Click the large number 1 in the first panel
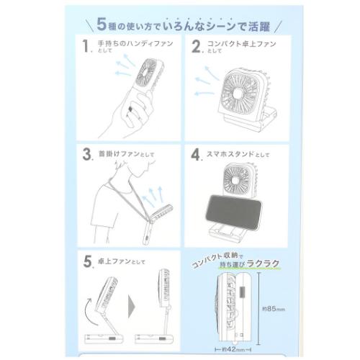click(x=86, y=48)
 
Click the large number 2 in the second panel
click(x=194, y=48)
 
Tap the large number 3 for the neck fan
click(x=87, y=154)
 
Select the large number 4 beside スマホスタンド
click(x=195, y=154)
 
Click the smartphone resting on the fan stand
click(x=230, y=211)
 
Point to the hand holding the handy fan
click(x=133, y=112)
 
